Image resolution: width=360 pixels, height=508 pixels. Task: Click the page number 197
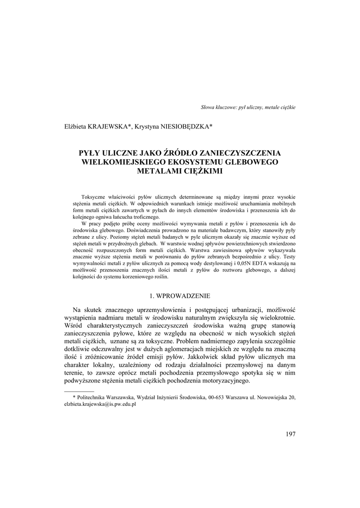coord(290,434)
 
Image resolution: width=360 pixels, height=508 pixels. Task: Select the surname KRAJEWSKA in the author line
coord(108,127)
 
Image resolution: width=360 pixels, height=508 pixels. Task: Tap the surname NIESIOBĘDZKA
coord(185,127)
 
